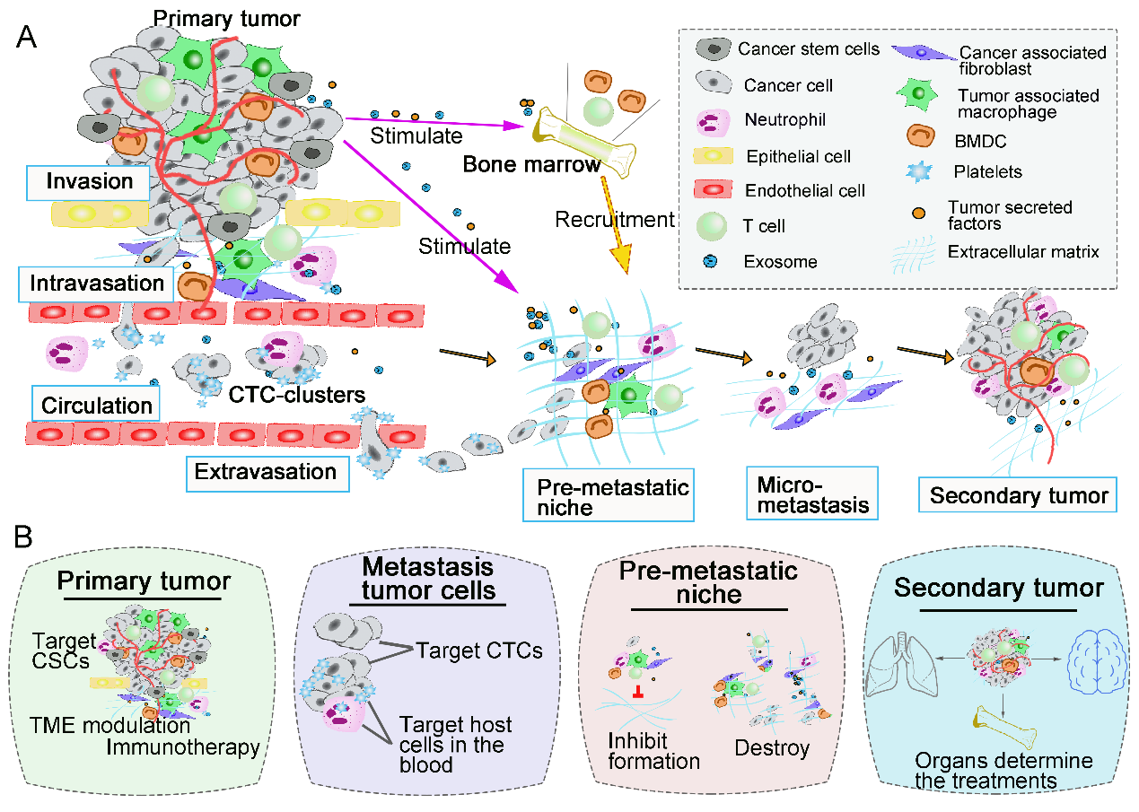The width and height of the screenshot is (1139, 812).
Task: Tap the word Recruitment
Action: [614, 220]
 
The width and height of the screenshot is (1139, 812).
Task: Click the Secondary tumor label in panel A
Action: [1019, 495]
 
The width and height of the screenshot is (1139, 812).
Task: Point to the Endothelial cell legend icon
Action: [714, 190]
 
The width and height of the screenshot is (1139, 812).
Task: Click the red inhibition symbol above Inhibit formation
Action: [637, 691]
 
